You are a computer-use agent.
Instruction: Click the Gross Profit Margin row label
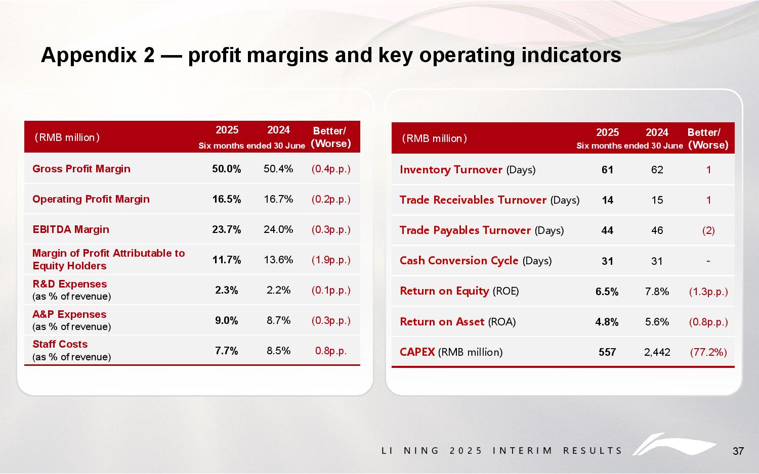point(81,169)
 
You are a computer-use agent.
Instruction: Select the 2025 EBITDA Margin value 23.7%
point(226,229)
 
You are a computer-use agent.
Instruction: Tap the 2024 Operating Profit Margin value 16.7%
point(278,199)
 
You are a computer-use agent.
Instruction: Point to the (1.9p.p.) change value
point(331,260)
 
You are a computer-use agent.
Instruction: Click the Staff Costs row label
point(60,344)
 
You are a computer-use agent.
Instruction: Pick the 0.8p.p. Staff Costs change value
point(331,351)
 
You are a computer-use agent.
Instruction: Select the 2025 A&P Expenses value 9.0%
point(226,320)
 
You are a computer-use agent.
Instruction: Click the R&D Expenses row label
point(69,284)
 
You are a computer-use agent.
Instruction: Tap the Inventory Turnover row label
point(451,170)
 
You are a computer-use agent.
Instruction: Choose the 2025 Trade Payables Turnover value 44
point(607,230)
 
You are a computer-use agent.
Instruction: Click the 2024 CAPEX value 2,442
point(657,352)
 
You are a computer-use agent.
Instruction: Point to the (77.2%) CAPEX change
point(708,352)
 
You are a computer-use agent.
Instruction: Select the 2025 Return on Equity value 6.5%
point(607,292)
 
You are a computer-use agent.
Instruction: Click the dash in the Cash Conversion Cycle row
point(708,261)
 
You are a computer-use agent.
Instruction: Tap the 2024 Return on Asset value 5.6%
point(657,322)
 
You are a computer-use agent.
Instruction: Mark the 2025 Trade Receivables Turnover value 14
point(607,200)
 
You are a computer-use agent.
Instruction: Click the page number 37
point(738,451)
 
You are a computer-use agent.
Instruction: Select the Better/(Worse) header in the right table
point(708,138)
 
